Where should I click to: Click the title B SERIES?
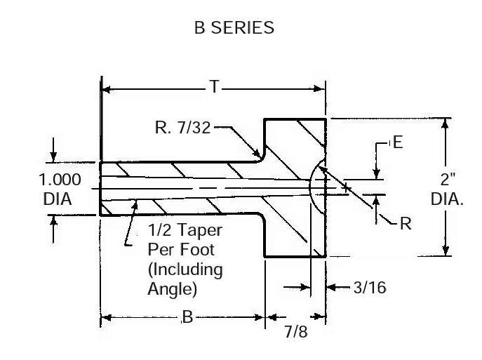[x=234, y=28]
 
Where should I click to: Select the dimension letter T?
[x=214, y=88]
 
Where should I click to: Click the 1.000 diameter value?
[x=60, y=179]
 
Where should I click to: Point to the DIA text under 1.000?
[x=58, y=199]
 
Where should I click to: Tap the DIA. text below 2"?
[x=446, y=199]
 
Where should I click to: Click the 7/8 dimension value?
[x=294, y=331]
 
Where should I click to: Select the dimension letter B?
[x=187, y=318]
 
